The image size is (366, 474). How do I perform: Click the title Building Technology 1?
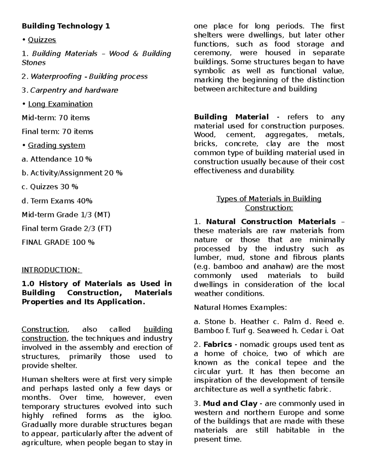pos(66,26)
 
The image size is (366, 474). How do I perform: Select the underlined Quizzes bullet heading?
pos(42,40)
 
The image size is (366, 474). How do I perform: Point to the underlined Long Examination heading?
pos(60,104)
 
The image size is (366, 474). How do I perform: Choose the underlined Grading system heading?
pos(56,145)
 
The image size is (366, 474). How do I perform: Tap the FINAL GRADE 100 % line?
pos(58,242)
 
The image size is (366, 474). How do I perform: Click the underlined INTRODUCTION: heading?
pos(51,270)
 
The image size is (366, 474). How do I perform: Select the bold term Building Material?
pos(231,117)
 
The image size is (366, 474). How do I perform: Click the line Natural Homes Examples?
pos(240,307)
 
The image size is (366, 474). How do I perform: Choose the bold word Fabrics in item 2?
pos(217,344)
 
